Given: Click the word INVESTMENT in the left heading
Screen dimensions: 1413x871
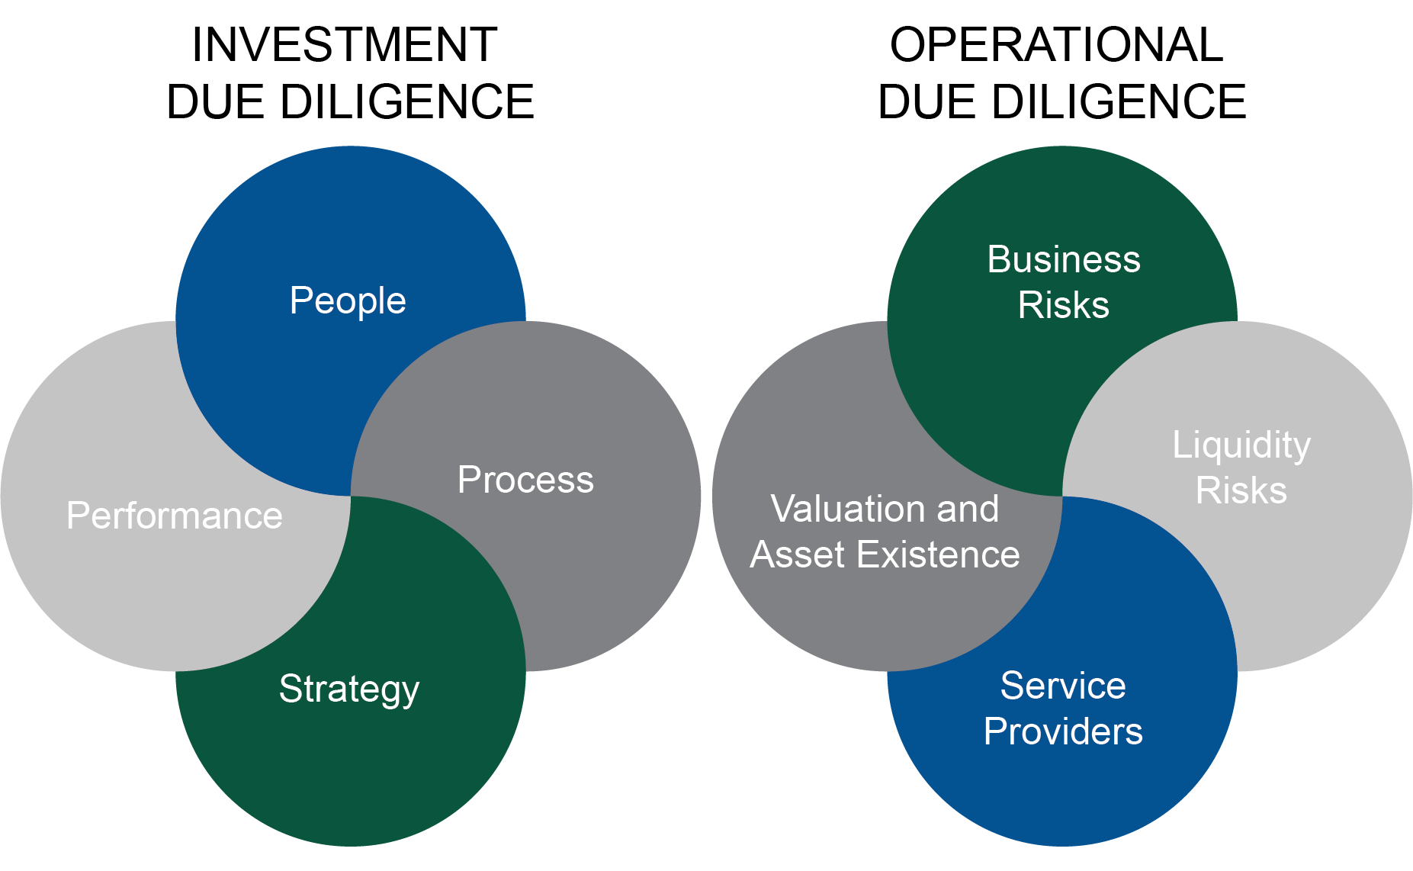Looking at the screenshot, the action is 345,45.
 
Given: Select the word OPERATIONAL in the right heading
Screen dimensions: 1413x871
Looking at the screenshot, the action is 1057,45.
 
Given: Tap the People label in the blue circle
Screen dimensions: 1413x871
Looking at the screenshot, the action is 348,301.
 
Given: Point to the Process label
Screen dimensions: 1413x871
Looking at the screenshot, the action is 525,480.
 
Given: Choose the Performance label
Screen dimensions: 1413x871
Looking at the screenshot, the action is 175,516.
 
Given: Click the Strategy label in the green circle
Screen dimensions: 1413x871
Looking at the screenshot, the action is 349,689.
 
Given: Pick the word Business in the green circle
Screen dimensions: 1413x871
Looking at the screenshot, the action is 1064,259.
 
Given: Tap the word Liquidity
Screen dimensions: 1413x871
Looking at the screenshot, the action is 1241,445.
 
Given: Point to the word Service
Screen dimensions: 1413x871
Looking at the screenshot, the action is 1063,686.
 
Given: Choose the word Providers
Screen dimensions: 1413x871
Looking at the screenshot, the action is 1063,731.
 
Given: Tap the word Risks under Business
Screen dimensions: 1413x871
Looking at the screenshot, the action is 1064,305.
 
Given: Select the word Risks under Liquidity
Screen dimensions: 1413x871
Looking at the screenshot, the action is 1241,490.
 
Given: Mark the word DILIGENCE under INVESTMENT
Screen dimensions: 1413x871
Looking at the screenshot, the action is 407,102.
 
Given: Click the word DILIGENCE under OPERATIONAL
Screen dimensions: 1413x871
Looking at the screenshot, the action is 1119,102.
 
